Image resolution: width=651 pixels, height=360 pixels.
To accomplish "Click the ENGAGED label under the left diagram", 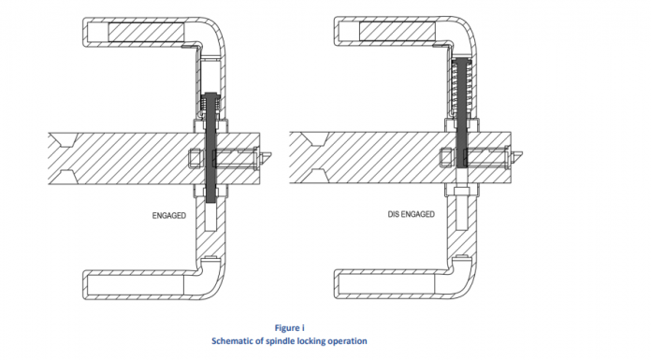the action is (169, 215).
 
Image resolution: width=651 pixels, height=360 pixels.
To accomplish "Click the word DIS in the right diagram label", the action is (393, 214).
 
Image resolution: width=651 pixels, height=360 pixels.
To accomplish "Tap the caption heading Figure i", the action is (289, 327).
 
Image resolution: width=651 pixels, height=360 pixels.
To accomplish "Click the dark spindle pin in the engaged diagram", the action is (210, 148).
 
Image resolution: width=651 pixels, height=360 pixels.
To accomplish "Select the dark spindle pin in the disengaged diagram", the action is (461, 113).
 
